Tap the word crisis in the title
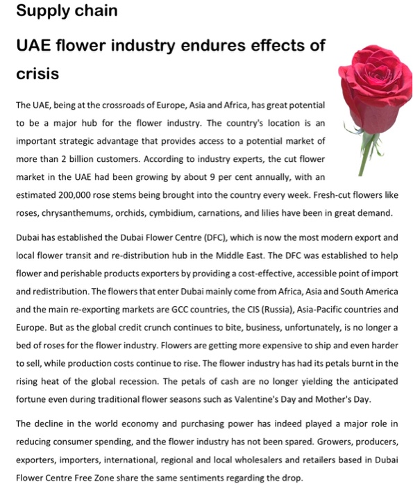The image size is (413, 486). [x=38, y=73]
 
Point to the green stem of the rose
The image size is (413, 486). [x=360, y=149]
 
